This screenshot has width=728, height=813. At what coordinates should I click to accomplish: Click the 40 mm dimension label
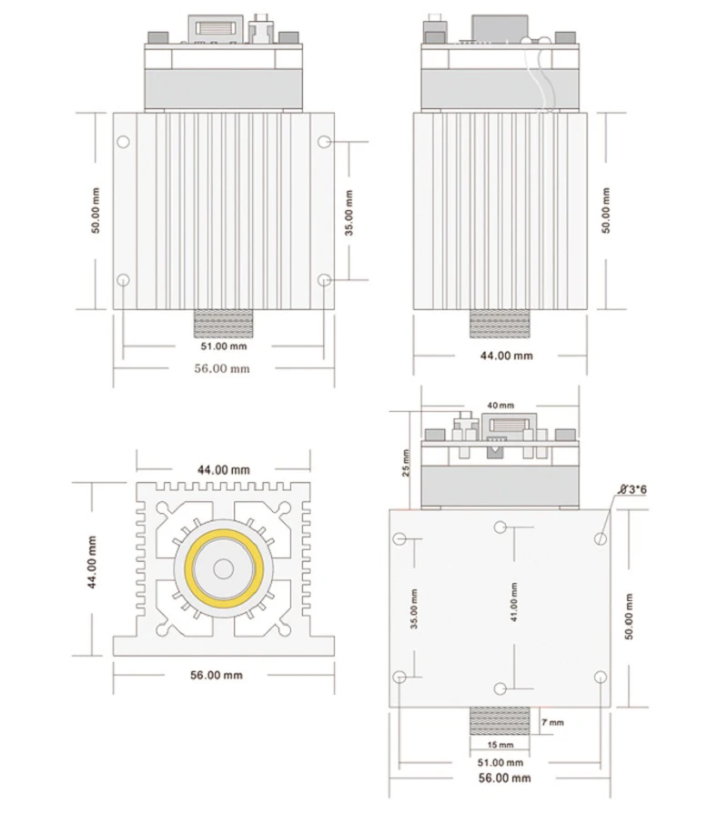pyautogui.click(x=500, y=405)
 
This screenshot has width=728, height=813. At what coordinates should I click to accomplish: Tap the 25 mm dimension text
pyautogui.click(x=406, y=463)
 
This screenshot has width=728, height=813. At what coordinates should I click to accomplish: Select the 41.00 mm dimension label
pyautogui.click(x=514, y=602)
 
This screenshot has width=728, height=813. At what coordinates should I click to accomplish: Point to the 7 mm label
pyautogui.click(x=552, y=722)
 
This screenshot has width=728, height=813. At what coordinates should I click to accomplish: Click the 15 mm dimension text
pyautogui.click(x=500, y=745)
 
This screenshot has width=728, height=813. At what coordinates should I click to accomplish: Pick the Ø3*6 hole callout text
pyautogui.click(x=633, y=489)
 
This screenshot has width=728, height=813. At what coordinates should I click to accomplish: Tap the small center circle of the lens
pyautogui.click(x=224, y=569)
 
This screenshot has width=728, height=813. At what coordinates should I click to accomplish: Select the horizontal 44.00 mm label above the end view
pyautogui.click(x=223, y=470)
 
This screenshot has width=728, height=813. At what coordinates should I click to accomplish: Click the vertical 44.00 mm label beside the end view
pyautogui.click(x=92, y=562)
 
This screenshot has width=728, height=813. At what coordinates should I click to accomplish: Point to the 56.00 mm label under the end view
pyautogui.click(x=217, y=675)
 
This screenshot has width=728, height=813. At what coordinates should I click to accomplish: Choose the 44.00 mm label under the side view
pyautogui.click(x=507, y=356)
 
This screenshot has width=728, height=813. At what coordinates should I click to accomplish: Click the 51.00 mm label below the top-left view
pyautogui.click(x=224, y=346)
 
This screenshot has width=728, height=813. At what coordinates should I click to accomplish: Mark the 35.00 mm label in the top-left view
pyautogui.click(x=349, y=213)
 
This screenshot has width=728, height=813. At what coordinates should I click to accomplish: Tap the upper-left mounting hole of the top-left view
pyautogui.click(x=123, y=142)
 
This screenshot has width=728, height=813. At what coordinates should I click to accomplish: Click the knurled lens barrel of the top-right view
pyautogui.click(x=500, y=324)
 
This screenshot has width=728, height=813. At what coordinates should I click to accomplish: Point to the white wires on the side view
pyautogui.click(x=540, y=78)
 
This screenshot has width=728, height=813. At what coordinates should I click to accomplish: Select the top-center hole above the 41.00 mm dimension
pyautogui.click(x=500, y=527)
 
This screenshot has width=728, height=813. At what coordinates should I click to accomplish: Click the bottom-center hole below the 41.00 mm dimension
pyautogui.click(x=500, y=688)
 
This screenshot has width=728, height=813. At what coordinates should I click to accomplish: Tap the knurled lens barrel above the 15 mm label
pyautogui.click(x=500, y=721)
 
